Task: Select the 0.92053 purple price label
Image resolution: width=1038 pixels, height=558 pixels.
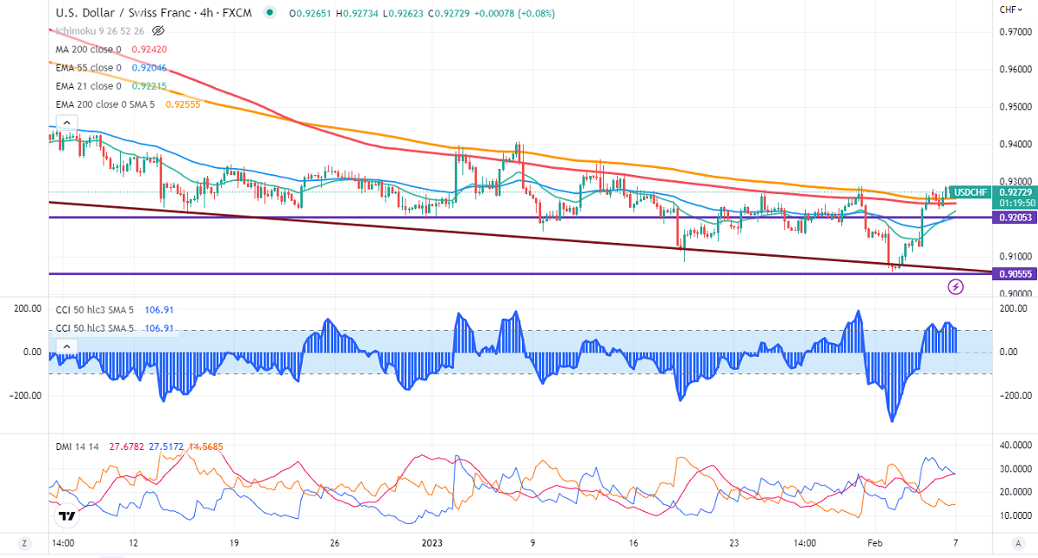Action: (x=1012, y=218)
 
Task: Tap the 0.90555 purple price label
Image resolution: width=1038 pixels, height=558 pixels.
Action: (x=1012, y=273)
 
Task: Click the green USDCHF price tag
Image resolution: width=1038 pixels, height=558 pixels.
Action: (x=968, y=192)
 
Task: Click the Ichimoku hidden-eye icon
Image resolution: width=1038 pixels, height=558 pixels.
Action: (x=158, y=31)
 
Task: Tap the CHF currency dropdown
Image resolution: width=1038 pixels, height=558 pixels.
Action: (x=1009, y=10)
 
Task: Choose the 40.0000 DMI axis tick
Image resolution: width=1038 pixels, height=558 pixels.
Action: (x=1013, y=445)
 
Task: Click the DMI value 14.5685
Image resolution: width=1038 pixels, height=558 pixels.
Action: (x=204, y=447)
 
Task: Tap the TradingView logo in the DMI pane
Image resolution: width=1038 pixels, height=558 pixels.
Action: (x=65, y=516)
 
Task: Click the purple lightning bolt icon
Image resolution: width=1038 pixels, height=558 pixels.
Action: (x=955, y=286)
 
